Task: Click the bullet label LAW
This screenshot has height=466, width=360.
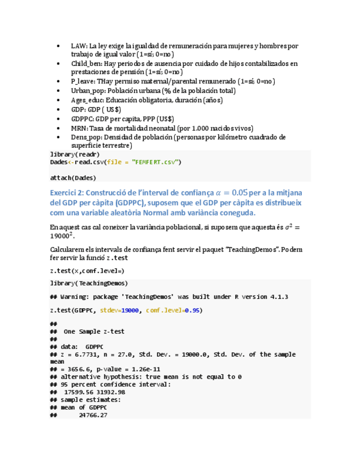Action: tap(79, 46)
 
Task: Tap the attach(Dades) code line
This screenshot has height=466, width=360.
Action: tap(73, 177)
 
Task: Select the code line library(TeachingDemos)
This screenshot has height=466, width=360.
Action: tap(88, 283)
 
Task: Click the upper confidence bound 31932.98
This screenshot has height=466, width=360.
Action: tap(110, 392)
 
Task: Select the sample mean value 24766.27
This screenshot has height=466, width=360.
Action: tap(93, 416)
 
